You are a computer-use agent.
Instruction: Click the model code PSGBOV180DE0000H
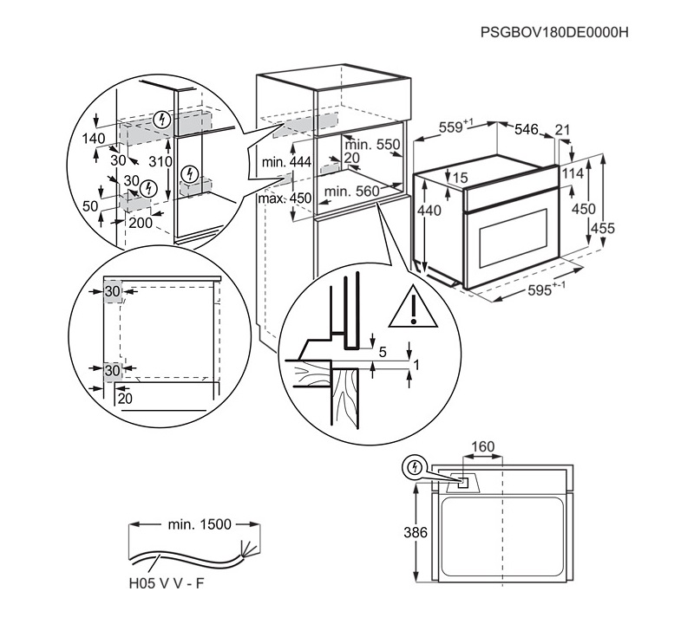[554, 32]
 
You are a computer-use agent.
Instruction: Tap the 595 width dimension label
[546, 290]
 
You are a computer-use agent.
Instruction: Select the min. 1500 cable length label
[200, 524]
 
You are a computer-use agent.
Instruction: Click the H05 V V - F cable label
[167, 583]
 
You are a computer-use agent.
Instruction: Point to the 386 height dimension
[416, 532]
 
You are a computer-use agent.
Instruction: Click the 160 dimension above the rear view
[482, 446]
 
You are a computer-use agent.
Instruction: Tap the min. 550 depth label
[372, 144]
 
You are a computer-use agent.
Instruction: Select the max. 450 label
[285, 198]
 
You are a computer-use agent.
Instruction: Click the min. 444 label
[286, 162]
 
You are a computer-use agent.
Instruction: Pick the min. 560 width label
[352, 191]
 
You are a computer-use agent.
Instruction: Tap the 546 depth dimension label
[527, 129]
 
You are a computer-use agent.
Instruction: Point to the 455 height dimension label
[603, 228]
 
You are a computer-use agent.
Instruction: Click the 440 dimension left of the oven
[429, 211]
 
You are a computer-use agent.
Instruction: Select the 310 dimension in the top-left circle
[160, 161]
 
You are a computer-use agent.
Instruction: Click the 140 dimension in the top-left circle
[94, 139]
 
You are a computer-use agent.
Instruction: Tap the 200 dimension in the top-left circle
[141, 223]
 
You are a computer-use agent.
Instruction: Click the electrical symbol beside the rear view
[415, 467]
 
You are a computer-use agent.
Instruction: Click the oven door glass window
[514, 238]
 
